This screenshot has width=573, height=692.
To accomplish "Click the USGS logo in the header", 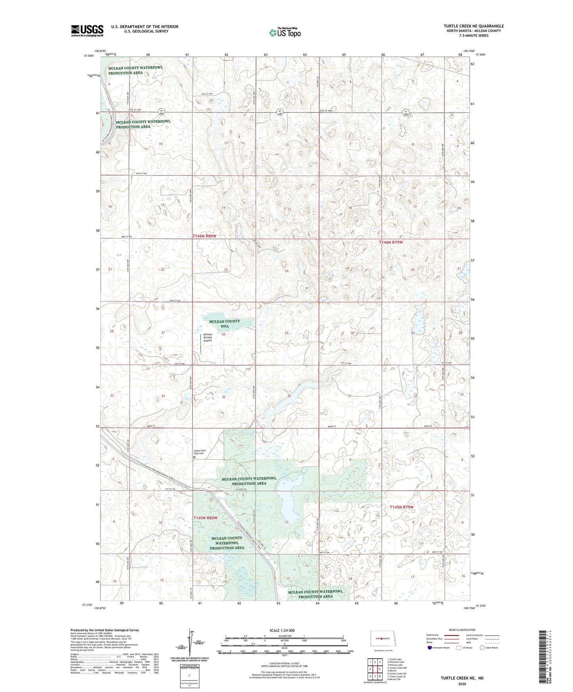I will pos(87,31).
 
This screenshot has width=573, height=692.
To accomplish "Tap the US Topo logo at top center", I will pos(285,32).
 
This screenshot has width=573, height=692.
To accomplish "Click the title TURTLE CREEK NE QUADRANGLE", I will pos(474,26).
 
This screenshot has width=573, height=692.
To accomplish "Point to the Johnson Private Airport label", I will pos(208,337).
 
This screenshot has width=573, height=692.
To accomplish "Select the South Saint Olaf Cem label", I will pos(200,452).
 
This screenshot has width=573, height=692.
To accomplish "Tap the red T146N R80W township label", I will pos(205,236).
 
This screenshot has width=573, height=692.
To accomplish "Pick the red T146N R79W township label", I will pos(393,242).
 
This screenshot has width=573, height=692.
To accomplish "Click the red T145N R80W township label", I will pos(205,518).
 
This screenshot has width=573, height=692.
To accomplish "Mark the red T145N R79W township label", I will pos(401,507).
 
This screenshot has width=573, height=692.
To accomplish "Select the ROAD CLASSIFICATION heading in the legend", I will pos(462,630).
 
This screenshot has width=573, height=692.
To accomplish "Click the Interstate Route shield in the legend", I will pos(430,648).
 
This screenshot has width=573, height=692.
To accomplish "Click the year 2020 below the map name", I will pos(462,684).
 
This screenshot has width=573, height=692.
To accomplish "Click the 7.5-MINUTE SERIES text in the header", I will pos(474,36).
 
